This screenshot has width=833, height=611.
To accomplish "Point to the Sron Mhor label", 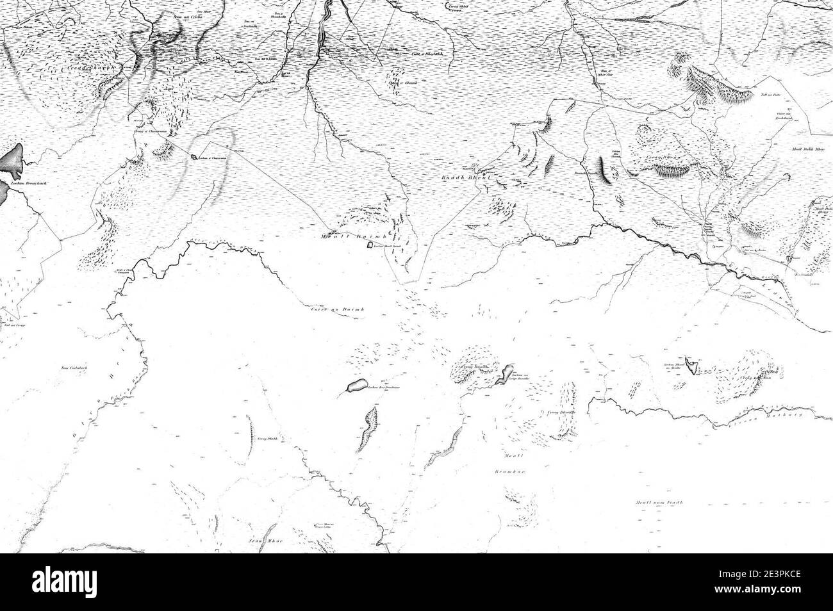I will [260, 540].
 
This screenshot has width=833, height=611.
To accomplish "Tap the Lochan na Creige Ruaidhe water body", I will [506, 375].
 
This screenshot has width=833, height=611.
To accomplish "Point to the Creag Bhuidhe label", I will [559, 412].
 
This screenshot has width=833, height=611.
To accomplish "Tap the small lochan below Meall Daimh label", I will [370, 245].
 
